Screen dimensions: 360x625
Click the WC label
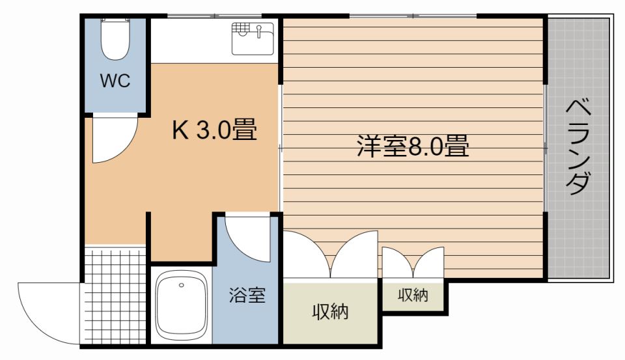pyautogui.click(x=115, y=81)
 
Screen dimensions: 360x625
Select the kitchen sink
pyautogui.click(x=253, y=38)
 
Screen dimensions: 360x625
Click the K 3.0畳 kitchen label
pyautogui.click(x=214, y=131)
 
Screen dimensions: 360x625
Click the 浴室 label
pyautogui.click(x=247, y=296)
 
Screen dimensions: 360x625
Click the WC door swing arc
pyautogui.click(x=114, y=140)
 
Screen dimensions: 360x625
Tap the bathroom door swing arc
pyautogui.click(x=248, y=239)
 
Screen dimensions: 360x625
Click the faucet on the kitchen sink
pyautogui.click(x=260, y=29)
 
